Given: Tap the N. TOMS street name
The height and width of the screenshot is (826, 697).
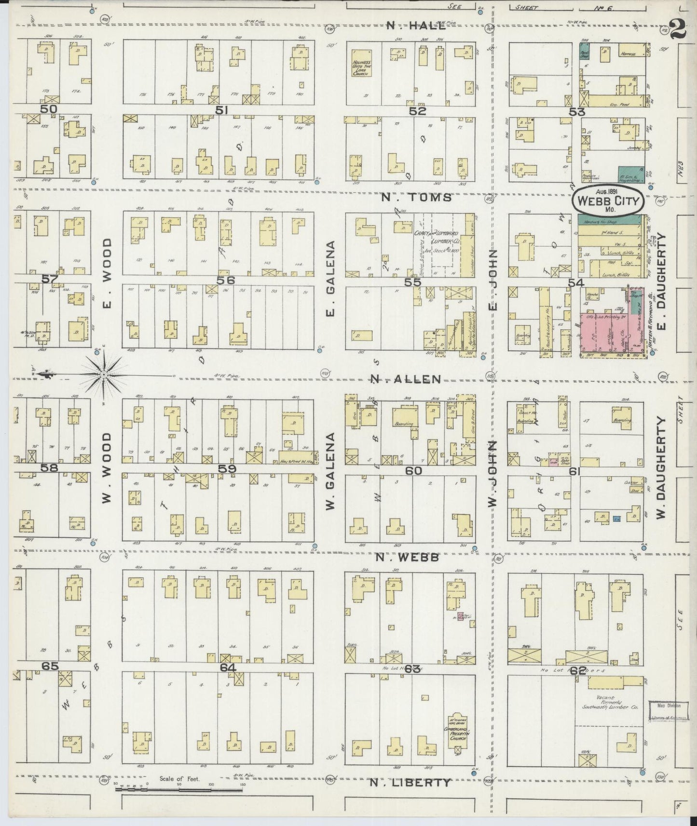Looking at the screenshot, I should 417,197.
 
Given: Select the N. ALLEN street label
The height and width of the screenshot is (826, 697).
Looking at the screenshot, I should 406,379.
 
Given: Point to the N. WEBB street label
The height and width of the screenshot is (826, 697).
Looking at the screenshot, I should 407,557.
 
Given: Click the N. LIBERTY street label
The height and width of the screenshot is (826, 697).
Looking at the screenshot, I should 411,783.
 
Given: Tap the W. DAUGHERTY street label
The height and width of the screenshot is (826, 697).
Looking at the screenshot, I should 660,468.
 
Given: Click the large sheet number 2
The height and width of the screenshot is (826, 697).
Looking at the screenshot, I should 678,30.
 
